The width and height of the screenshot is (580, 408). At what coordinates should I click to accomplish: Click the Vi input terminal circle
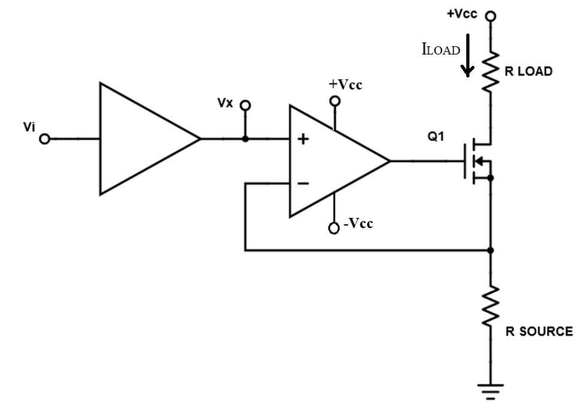(x=44, y=139)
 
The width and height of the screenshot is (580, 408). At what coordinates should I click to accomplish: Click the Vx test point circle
(x=245, y=106)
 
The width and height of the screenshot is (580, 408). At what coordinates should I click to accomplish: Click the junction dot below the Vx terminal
(x=245, y=139)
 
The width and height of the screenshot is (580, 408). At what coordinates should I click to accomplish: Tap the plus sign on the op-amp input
(x=303, y=140)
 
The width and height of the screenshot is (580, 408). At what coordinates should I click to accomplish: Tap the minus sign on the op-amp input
(x=303, y=183)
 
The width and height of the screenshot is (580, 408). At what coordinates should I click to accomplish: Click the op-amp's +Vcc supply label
(x=345, y=85)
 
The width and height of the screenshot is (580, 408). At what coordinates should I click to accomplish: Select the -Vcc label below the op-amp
(x=358, y=224)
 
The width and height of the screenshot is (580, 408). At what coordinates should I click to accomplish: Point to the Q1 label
(x=435, y=137)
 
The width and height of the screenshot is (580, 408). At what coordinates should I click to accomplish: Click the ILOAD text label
(x=441, y=50)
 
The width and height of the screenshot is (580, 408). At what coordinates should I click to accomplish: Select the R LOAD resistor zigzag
(x=491, y=71)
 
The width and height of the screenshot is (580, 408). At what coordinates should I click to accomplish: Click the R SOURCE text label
(x=538, y=332)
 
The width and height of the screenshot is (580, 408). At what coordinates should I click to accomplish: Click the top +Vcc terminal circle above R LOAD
(x=491, y=16)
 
